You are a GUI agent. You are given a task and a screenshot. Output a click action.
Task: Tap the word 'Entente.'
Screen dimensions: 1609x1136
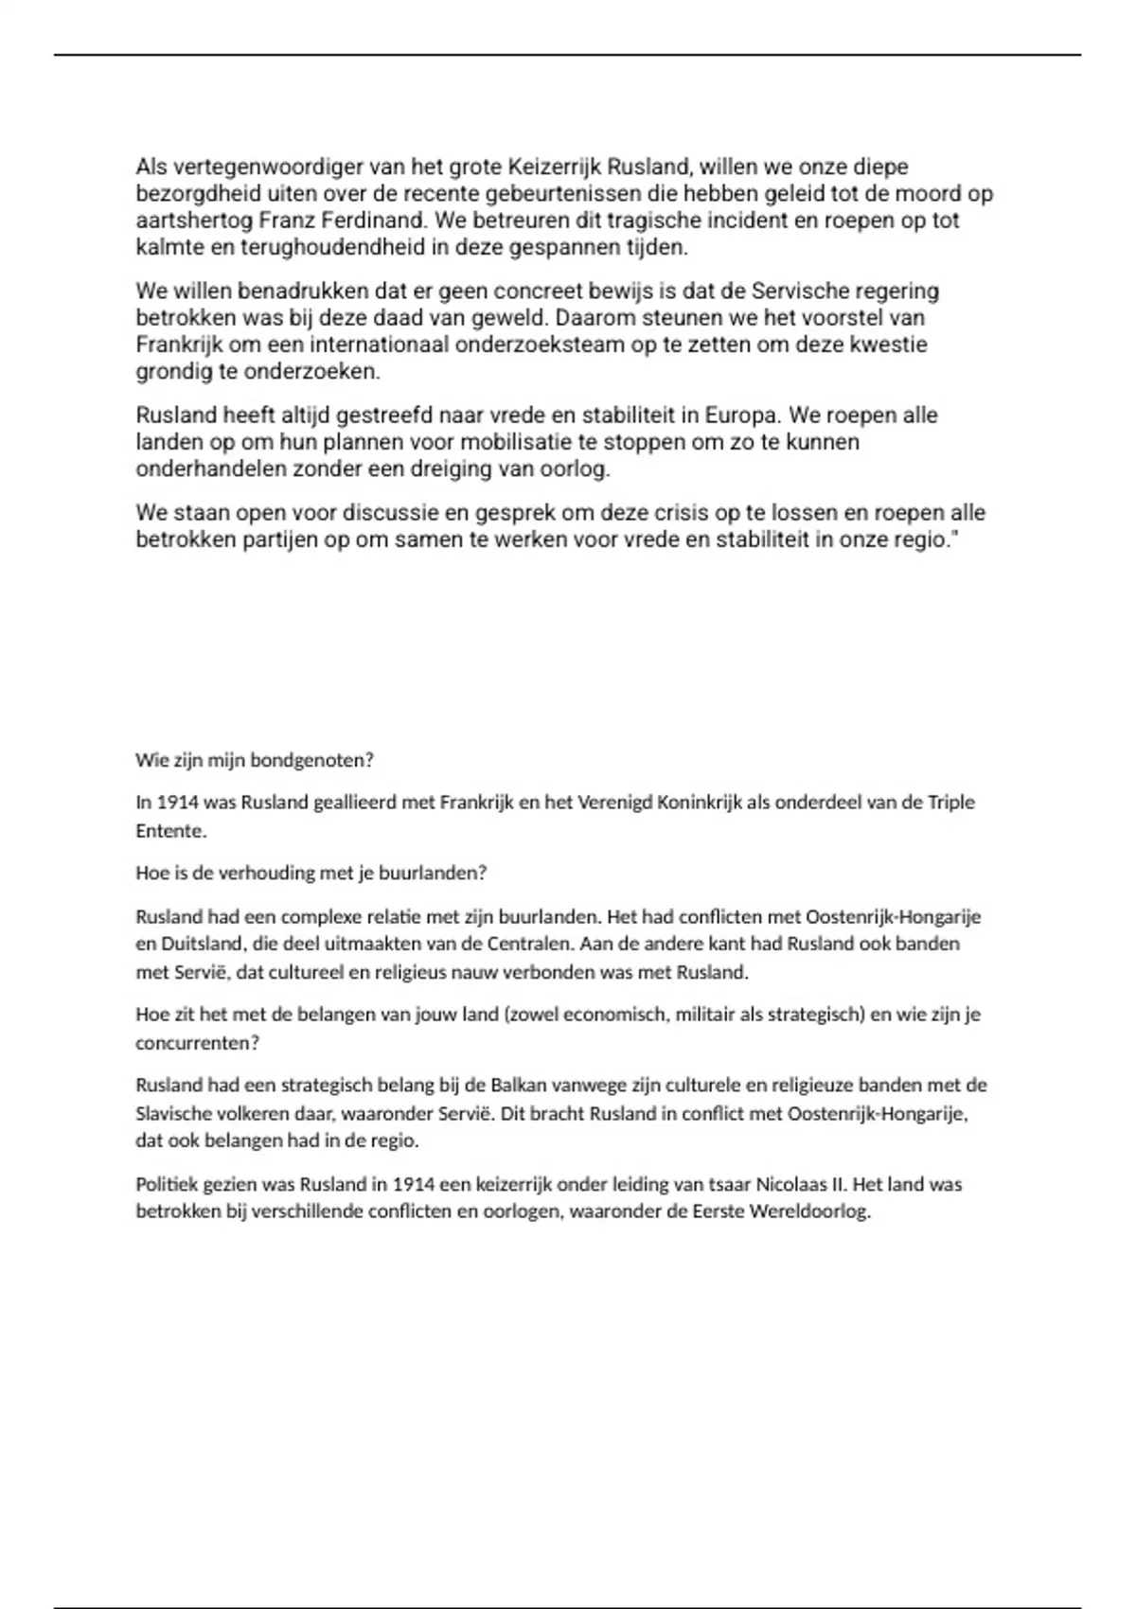tap(170, 831)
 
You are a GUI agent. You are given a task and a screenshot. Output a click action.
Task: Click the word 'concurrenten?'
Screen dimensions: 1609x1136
tap(197, 1042)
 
